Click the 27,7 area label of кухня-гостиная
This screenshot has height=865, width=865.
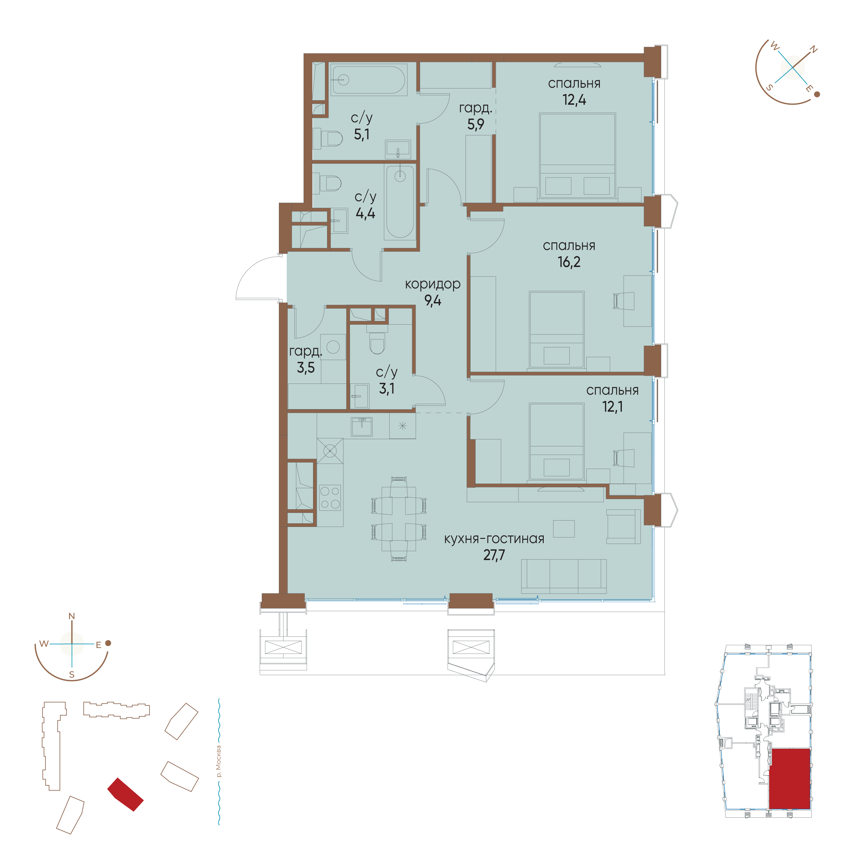(494, 555)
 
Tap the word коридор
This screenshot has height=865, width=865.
(433, 284)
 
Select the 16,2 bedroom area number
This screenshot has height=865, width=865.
(569, 262)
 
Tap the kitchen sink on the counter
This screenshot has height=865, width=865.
(362, 427)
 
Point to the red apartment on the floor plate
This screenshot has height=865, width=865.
(789, 779)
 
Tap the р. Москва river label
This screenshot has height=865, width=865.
(218, 761)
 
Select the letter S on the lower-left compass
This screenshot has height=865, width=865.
(72, 675)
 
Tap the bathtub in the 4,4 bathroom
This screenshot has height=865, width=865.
(400, 201)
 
